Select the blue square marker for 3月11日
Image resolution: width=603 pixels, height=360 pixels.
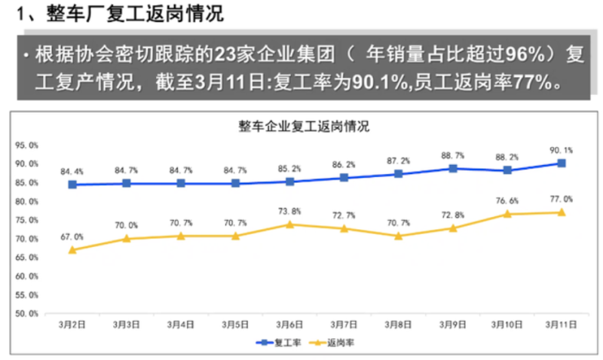point(562,163)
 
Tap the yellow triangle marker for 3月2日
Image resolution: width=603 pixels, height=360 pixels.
point(72,249)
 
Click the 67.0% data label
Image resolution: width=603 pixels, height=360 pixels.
point(72,236)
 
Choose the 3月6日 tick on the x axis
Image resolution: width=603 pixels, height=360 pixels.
point(289,325)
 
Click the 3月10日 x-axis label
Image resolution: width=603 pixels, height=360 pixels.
point(507,325)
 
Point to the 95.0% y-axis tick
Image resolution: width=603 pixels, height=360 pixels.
point(27,145)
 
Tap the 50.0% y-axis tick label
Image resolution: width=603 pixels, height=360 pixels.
point(27,313)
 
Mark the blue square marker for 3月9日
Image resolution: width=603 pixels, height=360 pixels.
point(452,168)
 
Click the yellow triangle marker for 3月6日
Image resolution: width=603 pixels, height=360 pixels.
point(289,224)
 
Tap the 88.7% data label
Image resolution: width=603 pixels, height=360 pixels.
point(452,155)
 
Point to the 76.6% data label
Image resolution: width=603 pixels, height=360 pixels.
point(507,201)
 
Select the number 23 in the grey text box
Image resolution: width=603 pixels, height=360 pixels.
point(225,54)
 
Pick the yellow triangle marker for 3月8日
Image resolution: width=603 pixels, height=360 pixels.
point(398,236)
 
